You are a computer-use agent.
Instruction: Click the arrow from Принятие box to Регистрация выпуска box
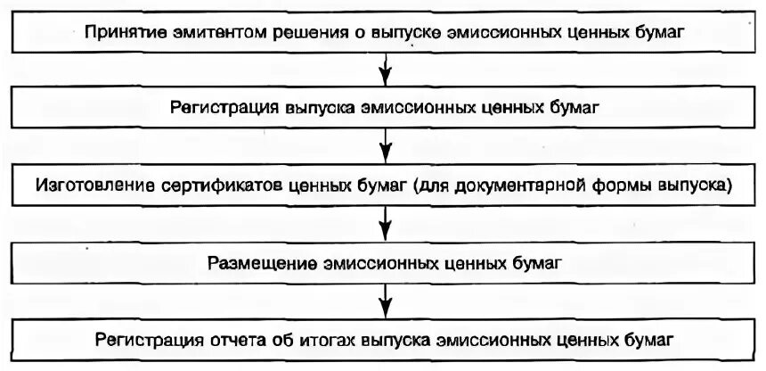coord(384,67)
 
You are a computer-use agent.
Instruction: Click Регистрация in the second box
coord(214,109)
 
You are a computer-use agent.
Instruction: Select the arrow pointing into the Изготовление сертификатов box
coord(384,144)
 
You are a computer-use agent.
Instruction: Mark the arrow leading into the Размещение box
coord(384,220)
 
